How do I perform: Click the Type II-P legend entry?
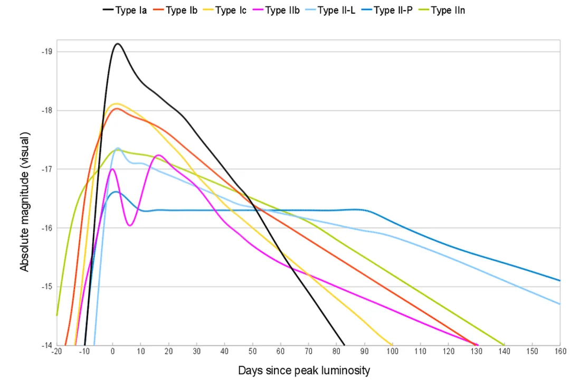point(393,10)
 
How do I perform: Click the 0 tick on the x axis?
point(112,351)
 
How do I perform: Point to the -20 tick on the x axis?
point(56,351)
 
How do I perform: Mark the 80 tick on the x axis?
point(336,351)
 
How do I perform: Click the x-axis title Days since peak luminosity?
point(304,370)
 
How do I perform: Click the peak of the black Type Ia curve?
point(117,44)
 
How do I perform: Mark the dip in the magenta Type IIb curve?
point(129,225)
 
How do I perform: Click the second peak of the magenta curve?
point(159,155)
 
